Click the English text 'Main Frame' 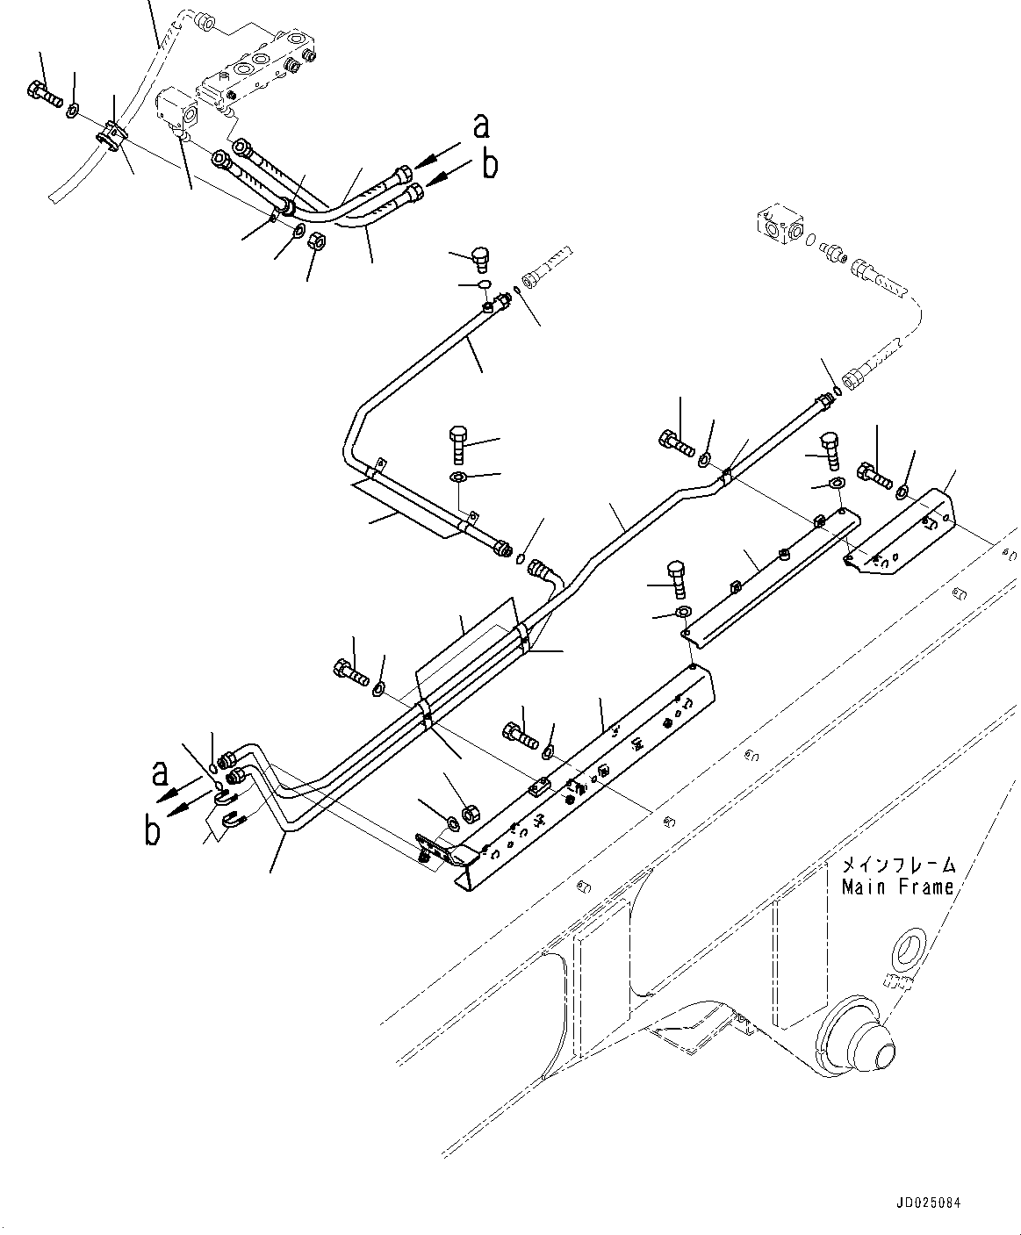point(897,887)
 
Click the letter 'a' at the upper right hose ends point(480,126)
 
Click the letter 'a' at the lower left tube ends point(160,772)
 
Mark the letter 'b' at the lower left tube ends point(153,830)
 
